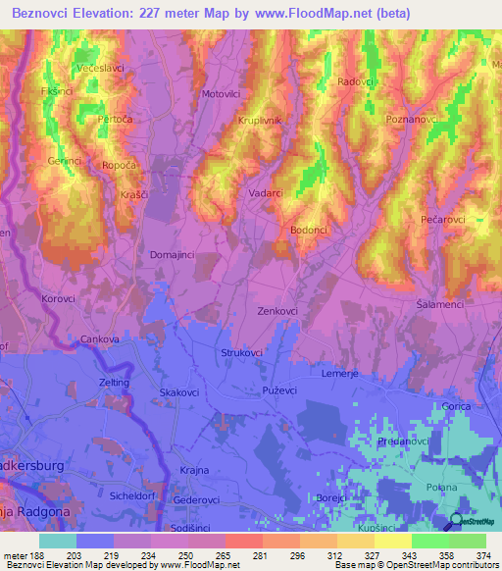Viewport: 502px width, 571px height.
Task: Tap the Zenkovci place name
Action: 277,311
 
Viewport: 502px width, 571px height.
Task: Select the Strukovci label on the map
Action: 240,350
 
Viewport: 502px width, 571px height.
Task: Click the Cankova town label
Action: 100,339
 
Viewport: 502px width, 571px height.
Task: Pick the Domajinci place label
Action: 171,254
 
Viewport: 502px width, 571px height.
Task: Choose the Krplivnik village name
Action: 260,120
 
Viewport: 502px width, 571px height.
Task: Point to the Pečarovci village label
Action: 442,219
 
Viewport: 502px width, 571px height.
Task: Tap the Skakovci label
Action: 179,392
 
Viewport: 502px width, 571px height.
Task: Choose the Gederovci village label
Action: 196,498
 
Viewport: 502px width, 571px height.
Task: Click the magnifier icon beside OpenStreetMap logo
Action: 457,524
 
